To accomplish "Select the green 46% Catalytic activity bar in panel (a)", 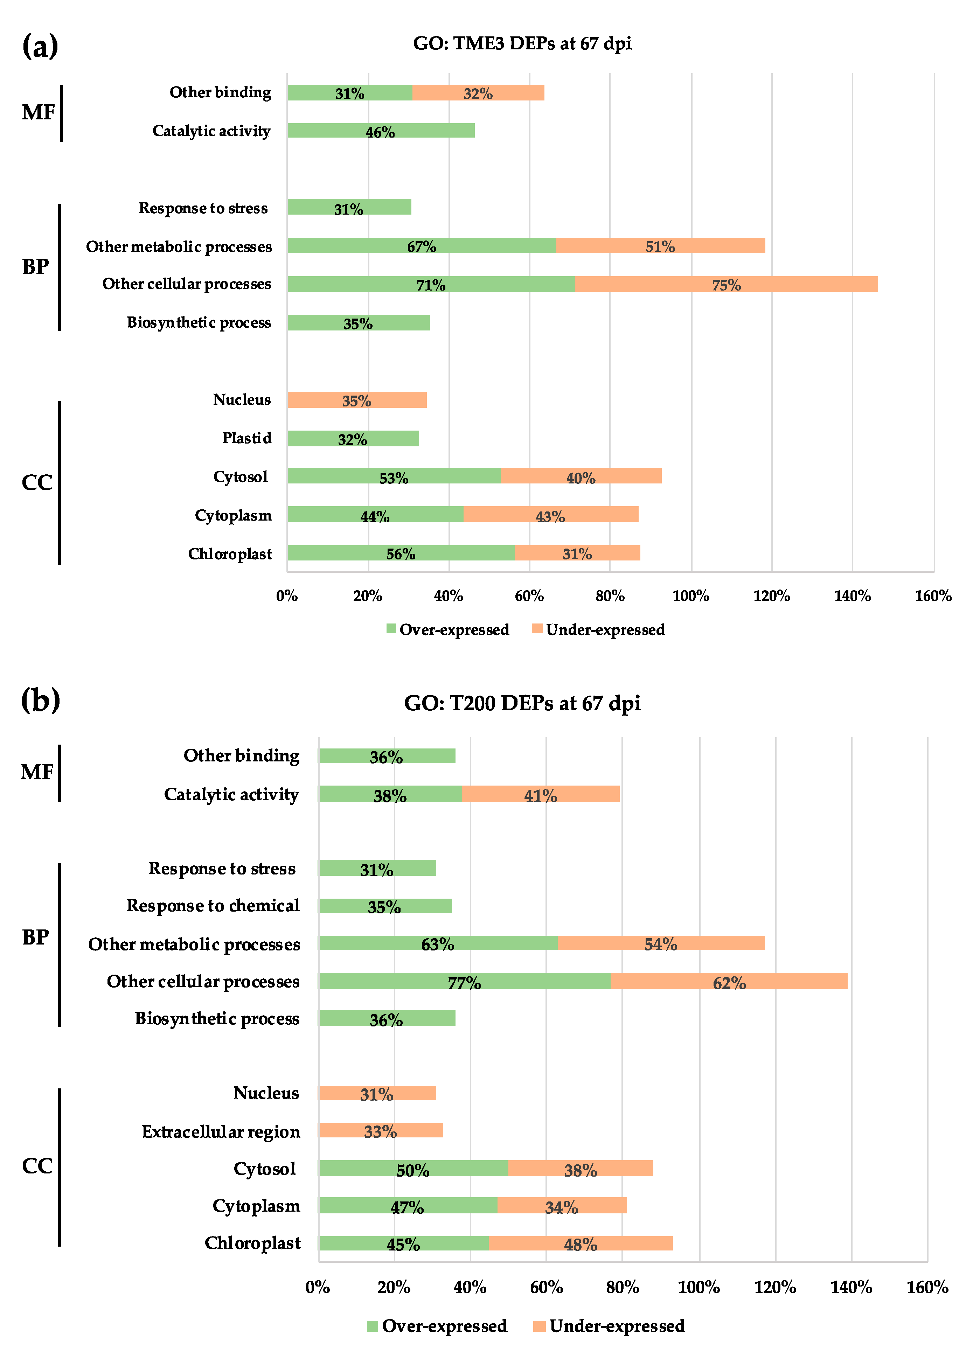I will [x=380, y=131].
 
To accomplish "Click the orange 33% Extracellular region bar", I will [x=380, y=1130].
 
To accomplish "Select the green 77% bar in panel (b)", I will [x=464, y=981].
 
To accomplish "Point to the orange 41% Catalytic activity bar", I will [x=540, y=794].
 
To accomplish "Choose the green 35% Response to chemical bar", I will [x=384, y=906].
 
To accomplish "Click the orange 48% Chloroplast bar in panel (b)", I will [x=580, y=1243].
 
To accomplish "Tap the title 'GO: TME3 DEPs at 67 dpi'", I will [x=522, y=43].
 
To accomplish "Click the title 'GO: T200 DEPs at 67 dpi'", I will [x=522, y=703].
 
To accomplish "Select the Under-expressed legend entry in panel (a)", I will [x=598, y=629].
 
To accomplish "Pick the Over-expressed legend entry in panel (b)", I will [x=437, y=1326].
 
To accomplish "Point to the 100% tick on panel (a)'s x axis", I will [x=690, y=595].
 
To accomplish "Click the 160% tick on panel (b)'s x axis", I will [x=927, y=1287].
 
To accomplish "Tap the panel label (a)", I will [x=40, y=46].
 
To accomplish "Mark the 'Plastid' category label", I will [x=247, y=438].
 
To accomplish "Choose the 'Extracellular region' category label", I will [x=221, y=1131].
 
